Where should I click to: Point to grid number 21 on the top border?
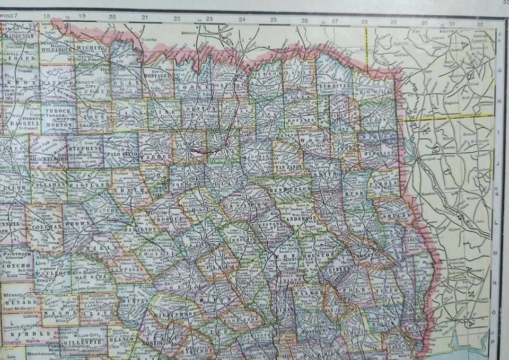click(144, 18)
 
